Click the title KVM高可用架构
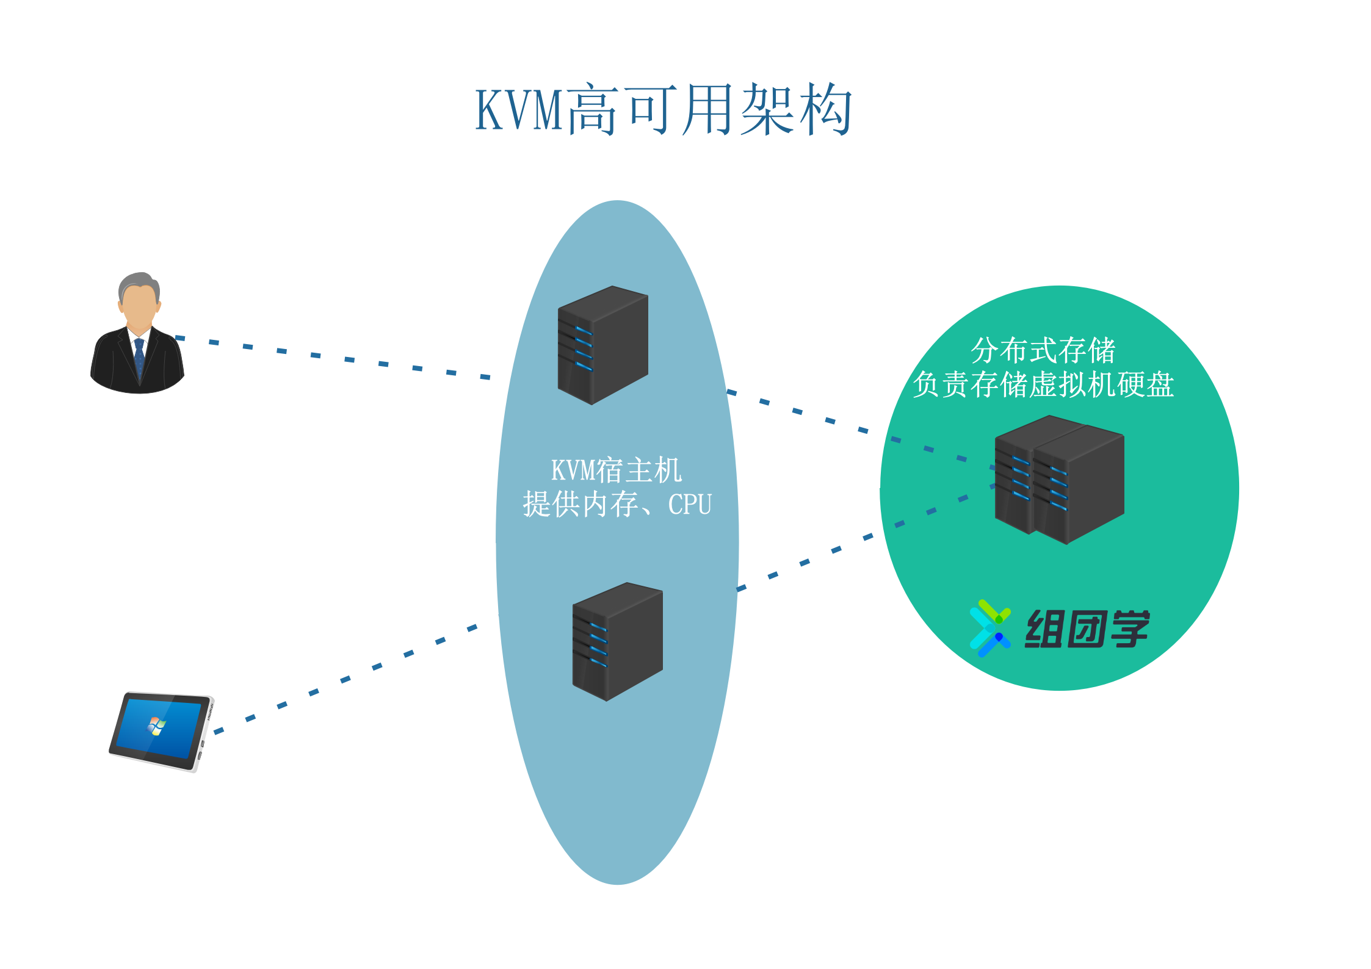click(x=664, y=110)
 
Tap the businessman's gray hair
click(x=139, y=282)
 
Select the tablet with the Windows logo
click(x=161, y=731)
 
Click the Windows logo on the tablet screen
click(x=157, y=726)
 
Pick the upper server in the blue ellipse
click(x=602, y=345)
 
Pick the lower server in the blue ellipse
click(x=617, y=641)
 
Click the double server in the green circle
click(x=1059, y=480)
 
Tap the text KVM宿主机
click(x=617, y=470)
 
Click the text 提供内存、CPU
click(x=617, y=505)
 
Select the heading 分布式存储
click(x=1043, y=350)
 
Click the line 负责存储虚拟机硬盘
click(x=1043, y=385)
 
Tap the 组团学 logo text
click(x=1087, y=629)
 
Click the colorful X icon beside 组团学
click(x=989, y=628)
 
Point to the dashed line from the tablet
click(x=345, y=679)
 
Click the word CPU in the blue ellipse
click(x=690, y=505)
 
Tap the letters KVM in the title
click(x=519, y=110)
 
